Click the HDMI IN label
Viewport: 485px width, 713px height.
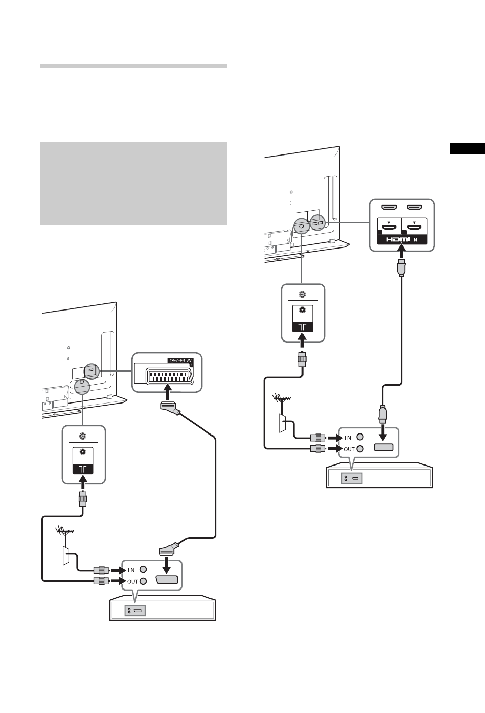point(402,239)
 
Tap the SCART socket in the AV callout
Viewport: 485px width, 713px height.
point(169,376)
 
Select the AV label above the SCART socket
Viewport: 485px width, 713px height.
point(189,361)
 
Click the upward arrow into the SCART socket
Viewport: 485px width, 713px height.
point(167,391)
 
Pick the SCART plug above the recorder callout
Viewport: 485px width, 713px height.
point(168,550)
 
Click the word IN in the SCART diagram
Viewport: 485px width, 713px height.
point(131,570)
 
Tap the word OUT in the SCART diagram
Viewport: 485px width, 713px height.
point(132,582)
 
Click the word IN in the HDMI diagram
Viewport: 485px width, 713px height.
point(348,438)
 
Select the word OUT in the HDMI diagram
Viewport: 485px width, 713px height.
point(349,449)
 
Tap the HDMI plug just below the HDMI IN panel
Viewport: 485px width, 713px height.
point(402,268)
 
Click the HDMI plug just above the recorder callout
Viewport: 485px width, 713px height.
point(383,414)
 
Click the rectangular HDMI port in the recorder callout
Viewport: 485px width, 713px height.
point(384,447)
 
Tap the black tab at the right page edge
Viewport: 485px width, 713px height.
point(468,149)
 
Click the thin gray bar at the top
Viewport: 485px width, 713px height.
point(133,66)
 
